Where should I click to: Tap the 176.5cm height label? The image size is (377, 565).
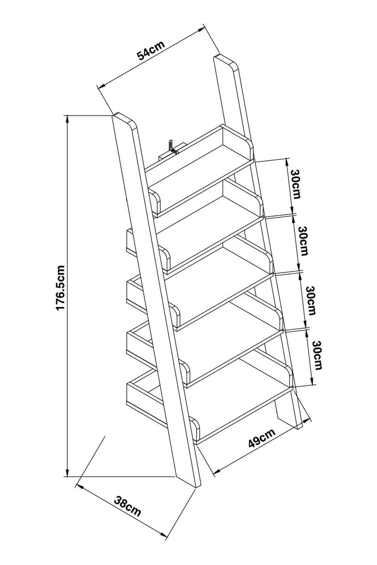pyautogui.click(x=61, y=288)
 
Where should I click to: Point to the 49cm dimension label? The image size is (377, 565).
pyautogui.click(x=261, y=442)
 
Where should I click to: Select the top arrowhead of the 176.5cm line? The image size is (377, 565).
pyautogui.click(x=68, y=118)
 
